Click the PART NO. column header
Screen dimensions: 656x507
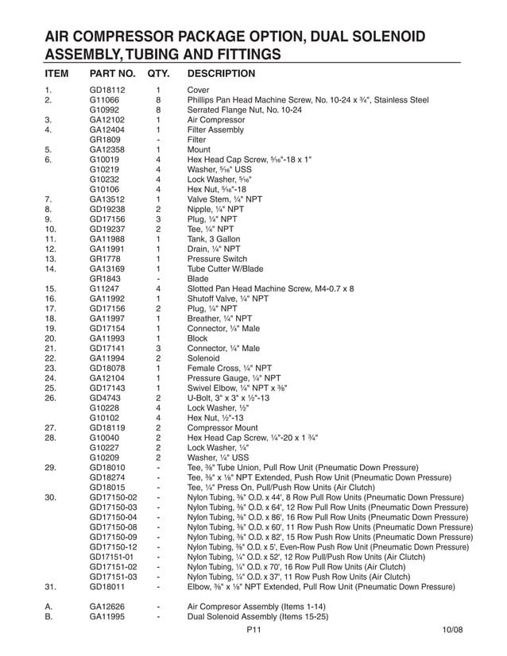point(113,74)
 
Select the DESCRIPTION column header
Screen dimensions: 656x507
point(221,74)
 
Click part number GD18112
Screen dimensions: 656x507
point(106,91)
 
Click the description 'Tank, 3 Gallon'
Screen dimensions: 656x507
point(217,239)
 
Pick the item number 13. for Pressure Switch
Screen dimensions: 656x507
point(51,259)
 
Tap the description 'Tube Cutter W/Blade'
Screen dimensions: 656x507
point(225,269)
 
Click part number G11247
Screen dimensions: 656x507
point(104,289)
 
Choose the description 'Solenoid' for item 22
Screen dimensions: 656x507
point(204,358)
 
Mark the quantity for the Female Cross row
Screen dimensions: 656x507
point(159,369)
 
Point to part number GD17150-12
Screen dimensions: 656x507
point(114,547)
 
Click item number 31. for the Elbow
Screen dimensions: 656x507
point(51,587)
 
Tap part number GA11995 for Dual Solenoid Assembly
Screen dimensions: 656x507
point(106,616)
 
